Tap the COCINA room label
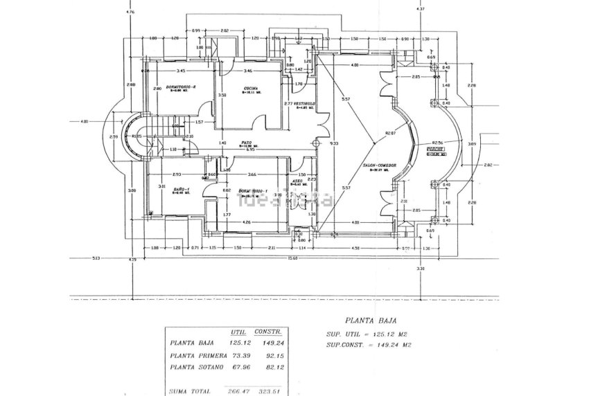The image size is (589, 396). coord(250,89)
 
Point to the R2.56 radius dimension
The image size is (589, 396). coord(438,142)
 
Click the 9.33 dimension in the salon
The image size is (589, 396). coord(335,143)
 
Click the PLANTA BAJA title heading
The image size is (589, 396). coord(364,321)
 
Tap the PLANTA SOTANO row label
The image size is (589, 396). coord(196,366)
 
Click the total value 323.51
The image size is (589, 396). coord(266,391)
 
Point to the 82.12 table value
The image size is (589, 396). coord(266,366)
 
